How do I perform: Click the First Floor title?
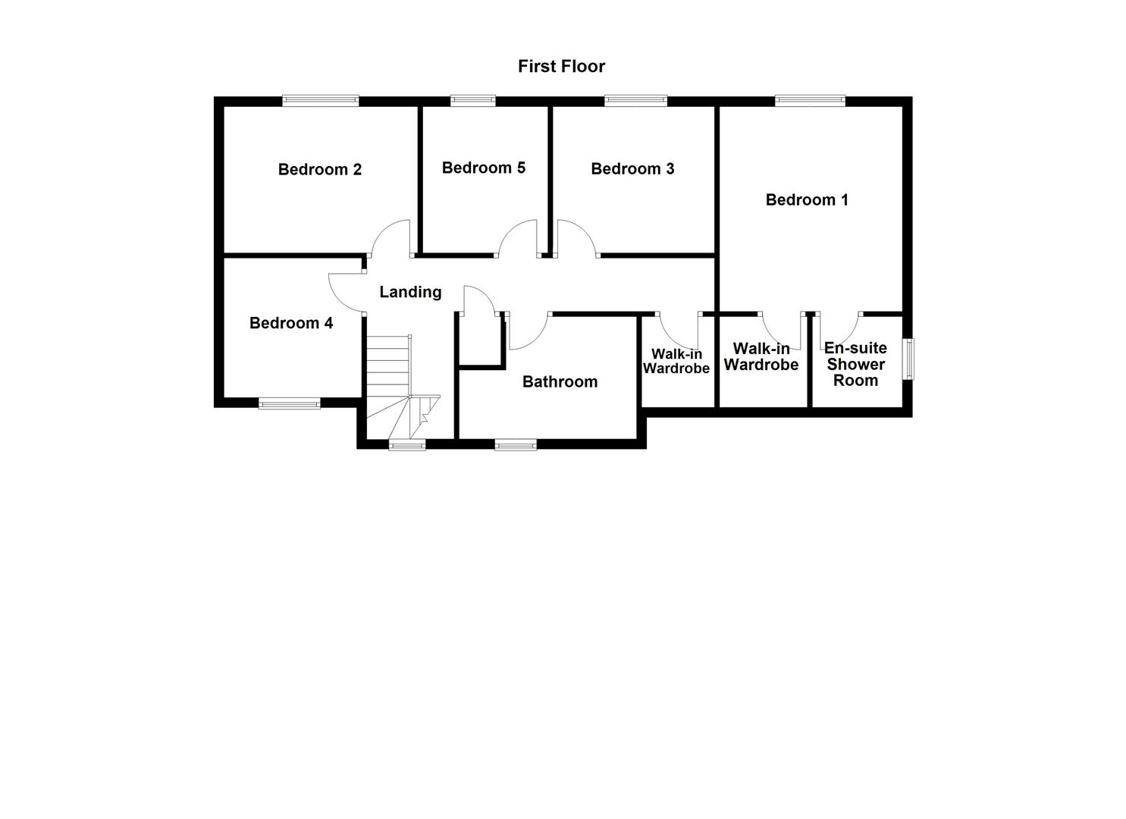561,67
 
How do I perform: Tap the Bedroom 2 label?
319,170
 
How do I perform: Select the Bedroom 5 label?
483,168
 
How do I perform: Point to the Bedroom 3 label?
632,169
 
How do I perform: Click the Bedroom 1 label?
806,200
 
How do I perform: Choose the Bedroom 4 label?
290,324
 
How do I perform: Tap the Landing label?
410,292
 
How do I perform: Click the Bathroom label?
560,382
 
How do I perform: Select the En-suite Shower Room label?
855,364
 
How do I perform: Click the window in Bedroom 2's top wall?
320,100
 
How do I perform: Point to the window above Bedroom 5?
472,100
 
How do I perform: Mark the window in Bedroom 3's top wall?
635,100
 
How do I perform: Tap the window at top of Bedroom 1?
809,100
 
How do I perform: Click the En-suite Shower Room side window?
908,359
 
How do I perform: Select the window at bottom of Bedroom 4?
289,403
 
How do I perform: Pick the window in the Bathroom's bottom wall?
516,444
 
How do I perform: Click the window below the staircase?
407,444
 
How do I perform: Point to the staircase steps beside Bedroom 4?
388,364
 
